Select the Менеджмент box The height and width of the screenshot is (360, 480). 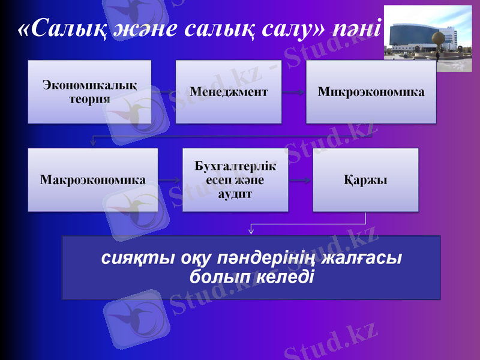[229, 92]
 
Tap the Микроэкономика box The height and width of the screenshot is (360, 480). [371, 92]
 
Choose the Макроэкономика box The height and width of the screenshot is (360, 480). [93, 179]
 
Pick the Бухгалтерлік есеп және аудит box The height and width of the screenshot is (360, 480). [235, 179]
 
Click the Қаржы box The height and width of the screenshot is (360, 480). [365, 179]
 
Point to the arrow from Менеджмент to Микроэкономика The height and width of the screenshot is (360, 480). [294, 92]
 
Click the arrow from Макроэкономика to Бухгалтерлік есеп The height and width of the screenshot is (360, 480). [170, 180]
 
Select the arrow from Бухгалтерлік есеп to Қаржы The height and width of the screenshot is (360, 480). [300, 180]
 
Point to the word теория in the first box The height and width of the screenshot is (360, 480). [90, 99]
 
